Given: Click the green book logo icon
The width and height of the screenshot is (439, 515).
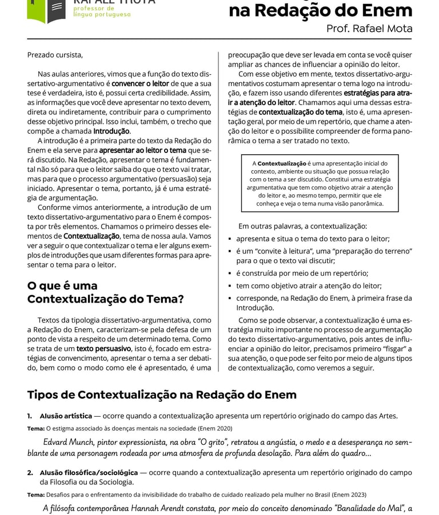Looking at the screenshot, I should (47, 10).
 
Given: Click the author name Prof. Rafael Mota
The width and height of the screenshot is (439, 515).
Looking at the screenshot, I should (369, 29).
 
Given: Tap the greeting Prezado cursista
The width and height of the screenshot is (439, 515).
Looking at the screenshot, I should (55, 55).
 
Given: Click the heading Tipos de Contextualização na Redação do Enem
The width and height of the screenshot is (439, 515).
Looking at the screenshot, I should (162, 395).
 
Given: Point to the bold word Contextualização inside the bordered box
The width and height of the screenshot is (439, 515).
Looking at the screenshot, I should (282, 163).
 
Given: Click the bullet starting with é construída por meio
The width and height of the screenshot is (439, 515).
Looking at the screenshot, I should (302, 273).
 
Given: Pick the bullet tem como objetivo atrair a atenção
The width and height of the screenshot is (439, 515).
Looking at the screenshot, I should (309, 285).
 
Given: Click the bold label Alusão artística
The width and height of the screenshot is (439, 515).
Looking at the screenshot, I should (66, 416).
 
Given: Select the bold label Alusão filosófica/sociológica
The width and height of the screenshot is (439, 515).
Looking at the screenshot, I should (89, 473).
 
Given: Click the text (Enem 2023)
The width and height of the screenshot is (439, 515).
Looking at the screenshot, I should (349, 494).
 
